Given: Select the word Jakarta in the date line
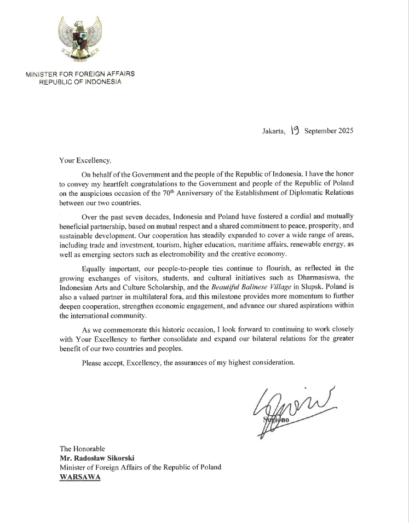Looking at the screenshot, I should [273, 131].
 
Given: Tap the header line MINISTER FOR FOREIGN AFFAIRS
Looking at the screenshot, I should [80, 73].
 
